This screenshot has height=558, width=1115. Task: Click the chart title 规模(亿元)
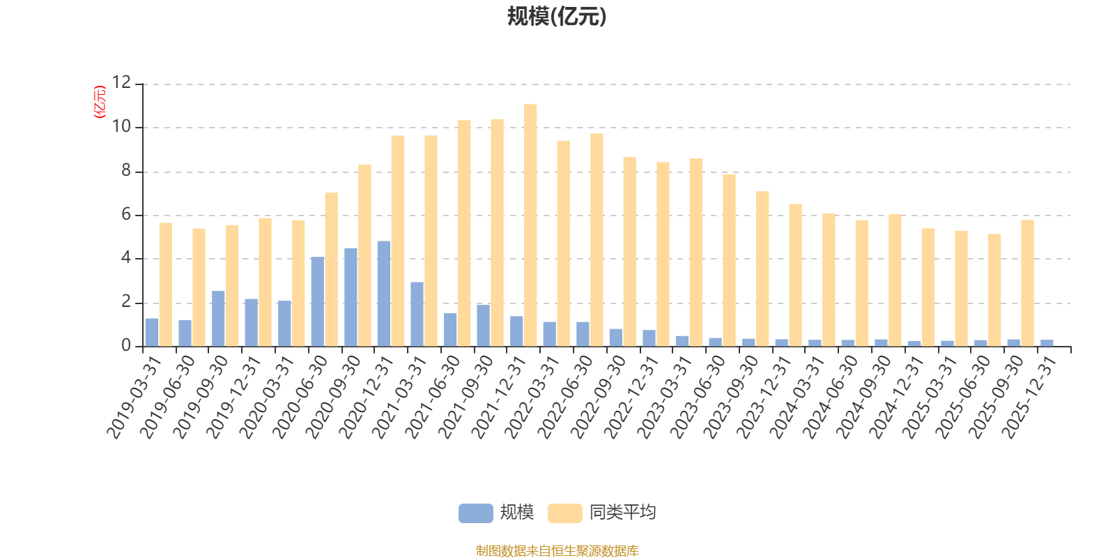tap(557, 17)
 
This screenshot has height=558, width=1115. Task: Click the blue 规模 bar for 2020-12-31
tap(384, 294)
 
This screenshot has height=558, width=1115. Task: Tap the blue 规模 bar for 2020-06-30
tap(318, 301)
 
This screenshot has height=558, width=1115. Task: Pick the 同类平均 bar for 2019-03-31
tap(165, 284)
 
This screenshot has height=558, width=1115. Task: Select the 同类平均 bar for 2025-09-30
tap(1027, 282)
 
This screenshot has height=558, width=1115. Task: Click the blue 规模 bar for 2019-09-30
tap(218, 318)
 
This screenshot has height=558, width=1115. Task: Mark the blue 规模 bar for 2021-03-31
tap(417, 314)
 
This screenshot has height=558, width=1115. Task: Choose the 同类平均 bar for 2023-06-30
tap(729, 259)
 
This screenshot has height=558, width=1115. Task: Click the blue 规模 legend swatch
tap(475, 513)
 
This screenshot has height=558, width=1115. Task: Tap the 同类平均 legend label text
tap(622, 513)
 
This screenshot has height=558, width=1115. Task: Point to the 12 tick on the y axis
tap(122, 84)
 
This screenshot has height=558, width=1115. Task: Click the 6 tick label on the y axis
tap(126, 215)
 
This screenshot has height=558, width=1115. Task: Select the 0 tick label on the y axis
tap(126, 346)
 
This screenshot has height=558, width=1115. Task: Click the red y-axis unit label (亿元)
tap(100, 102)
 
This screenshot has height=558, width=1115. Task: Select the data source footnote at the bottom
tap(557, 551)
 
